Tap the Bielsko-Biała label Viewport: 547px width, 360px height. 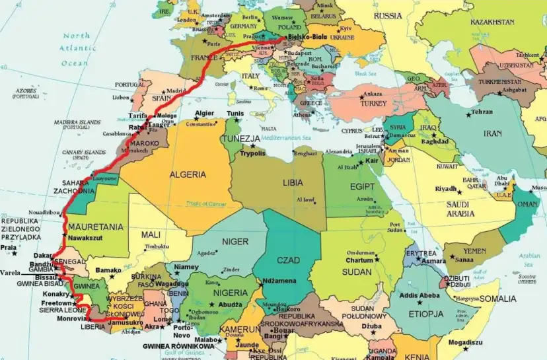click(x=309, y=39)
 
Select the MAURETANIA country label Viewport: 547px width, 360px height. click(x=96, y=227)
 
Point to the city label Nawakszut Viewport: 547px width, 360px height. click(x=86, y=237)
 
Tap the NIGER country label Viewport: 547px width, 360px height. click(x=235, y=241)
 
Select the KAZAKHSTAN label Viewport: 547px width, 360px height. click(x=492, y=22)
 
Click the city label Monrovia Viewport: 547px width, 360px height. click(x=71, y=318)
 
